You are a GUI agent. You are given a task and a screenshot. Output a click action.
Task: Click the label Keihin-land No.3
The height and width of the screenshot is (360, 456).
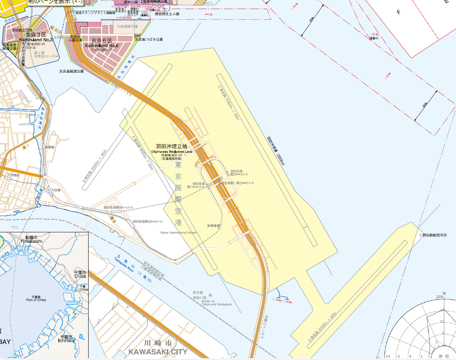[36, 40]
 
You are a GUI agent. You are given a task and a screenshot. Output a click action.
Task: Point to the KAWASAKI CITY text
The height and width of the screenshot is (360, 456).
[158, 351]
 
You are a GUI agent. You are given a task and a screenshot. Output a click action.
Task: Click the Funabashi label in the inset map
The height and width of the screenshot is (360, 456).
[30, 241]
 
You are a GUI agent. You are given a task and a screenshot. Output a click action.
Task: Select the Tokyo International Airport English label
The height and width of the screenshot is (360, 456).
[178, 232]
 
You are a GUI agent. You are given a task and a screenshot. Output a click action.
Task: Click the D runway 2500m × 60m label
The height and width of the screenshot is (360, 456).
[322, 329]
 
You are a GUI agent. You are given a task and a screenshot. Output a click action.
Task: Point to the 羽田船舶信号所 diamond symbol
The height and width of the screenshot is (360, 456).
[420, 235]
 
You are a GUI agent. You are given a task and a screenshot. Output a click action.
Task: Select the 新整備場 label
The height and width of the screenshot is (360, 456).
[214, 226]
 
